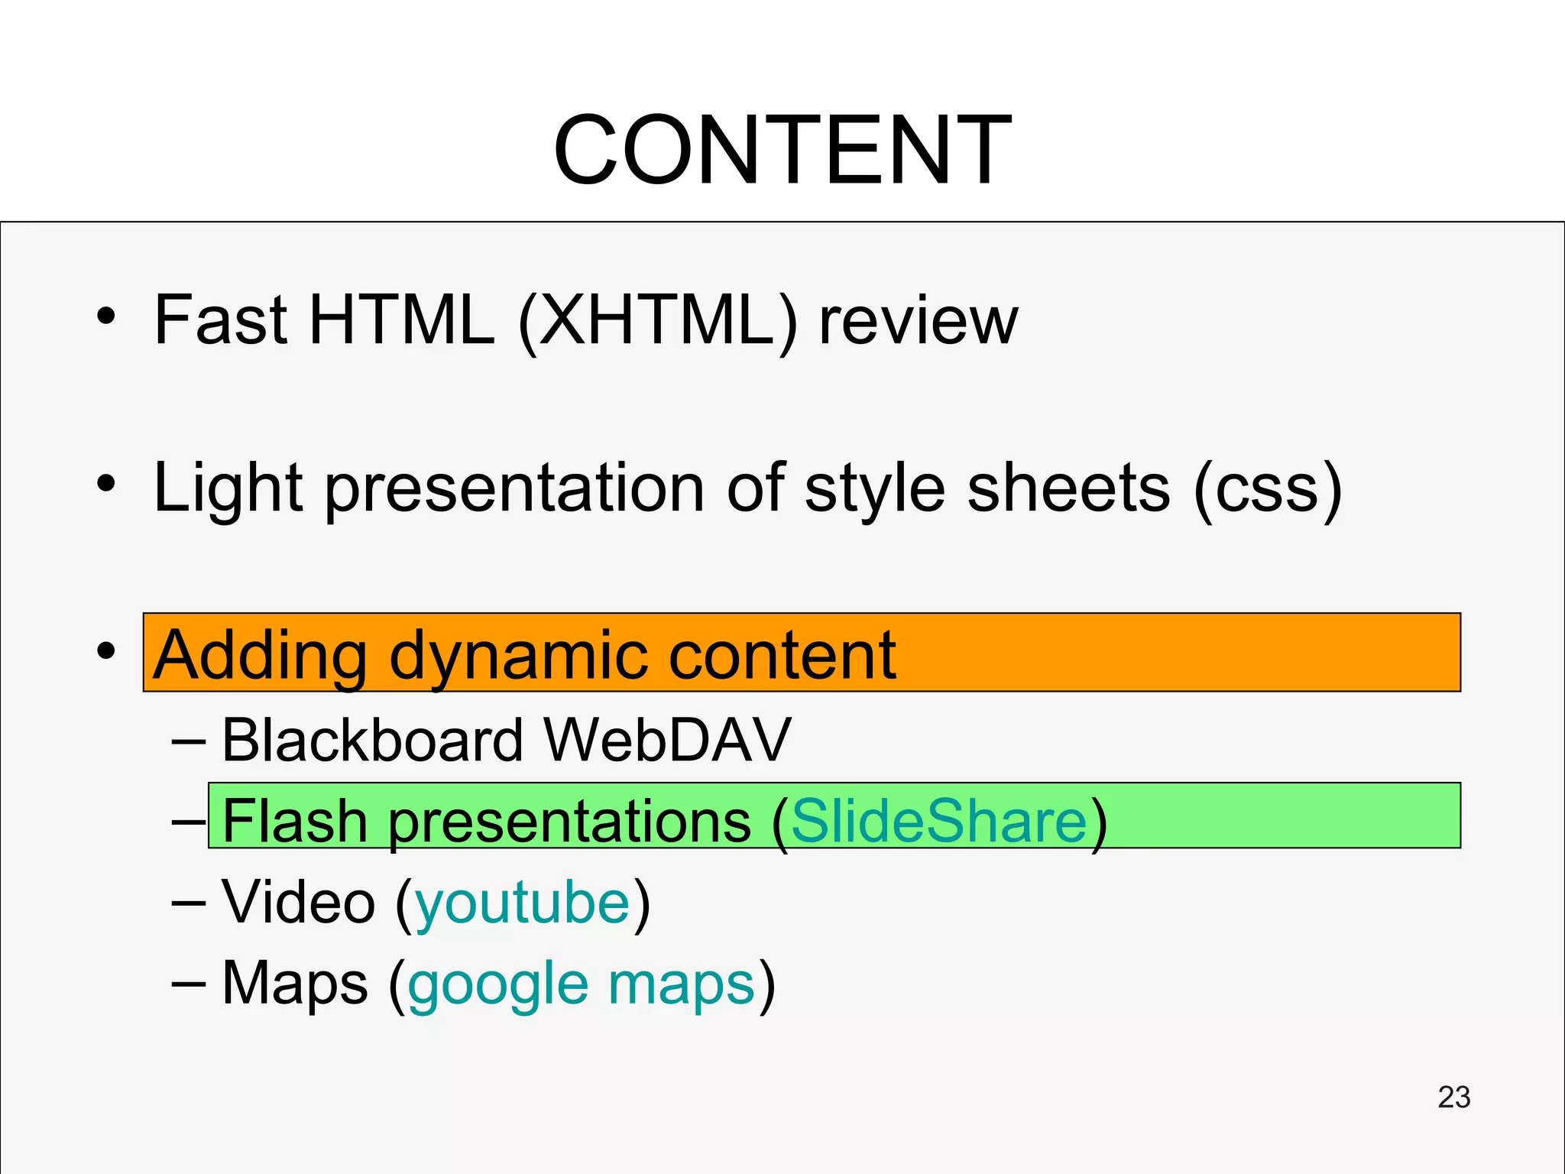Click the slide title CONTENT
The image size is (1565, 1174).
[x=782, y=150]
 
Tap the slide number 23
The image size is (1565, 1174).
[x=1453, y=1098]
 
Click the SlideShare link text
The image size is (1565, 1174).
[x=938, y=821]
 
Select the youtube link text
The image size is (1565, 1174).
[x=523, y=903]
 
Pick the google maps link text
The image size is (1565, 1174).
[x=582, y=984]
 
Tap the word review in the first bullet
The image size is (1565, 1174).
[x=919, y=323]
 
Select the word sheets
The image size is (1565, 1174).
[x=1068, y=489]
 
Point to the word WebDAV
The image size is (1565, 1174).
[x=667, y=740]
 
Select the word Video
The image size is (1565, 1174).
[x=298, y=902]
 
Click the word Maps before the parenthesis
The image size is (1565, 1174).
[x=295, y=984]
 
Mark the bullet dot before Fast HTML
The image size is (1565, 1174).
[x=106, y=316]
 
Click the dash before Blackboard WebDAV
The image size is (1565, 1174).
[x=188, y=740]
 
